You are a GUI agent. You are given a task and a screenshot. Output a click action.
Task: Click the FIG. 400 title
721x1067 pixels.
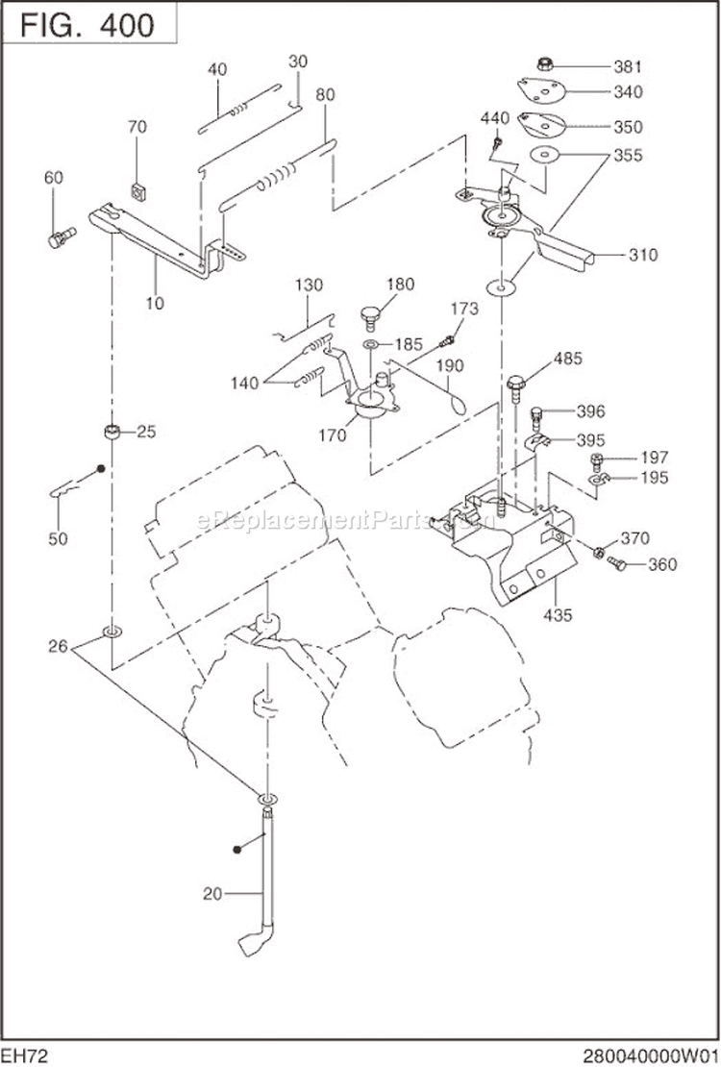click(x=87, y=25)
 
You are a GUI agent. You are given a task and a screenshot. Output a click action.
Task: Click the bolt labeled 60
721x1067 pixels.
click(x=60, y=236)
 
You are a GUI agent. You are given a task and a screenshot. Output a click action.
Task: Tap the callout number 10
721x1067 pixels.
click(x=155, y=303)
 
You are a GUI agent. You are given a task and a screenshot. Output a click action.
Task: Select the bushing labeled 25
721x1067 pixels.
click(x=112, y=432)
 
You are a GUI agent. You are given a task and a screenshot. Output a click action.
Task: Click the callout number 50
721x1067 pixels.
click(x=58, y=539)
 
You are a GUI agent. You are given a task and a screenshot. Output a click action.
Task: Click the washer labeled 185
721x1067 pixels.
click(x=370, y=343)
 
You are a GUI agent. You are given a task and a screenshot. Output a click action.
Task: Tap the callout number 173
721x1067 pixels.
click(x=464, y=309)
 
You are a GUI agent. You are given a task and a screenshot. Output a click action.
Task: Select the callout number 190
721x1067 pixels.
click(x=449, y=365)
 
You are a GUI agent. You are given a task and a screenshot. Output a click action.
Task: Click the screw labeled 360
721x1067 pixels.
click(x=617, y=565)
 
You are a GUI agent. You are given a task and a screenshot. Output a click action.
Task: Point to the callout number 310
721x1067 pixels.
click(x=643, y=255)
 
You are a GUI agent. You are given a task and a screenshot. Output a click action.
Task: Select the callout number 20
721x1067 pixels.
click(x=212, y=893)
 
